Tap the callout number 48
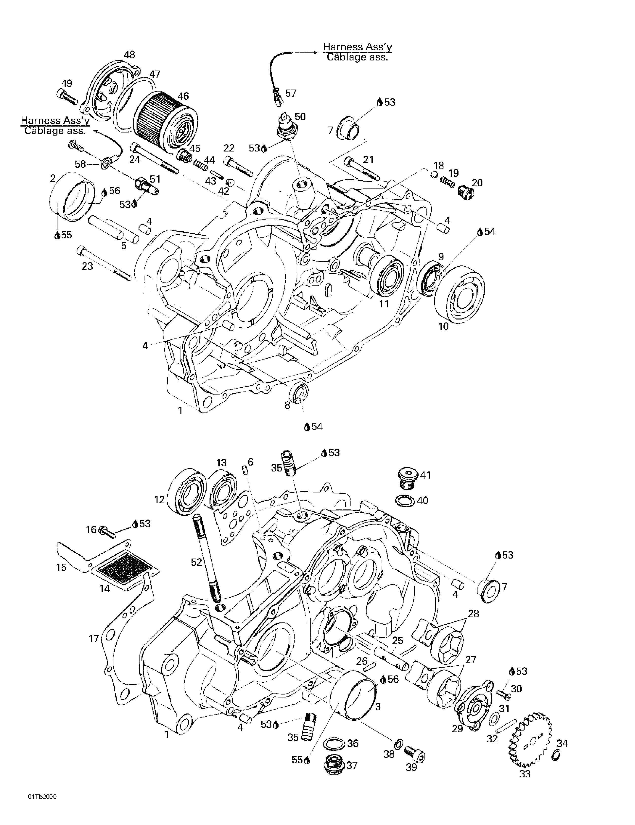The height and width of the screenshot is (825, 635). click(x=129, y=55)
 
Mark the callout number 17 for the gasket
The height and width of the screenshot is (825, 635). click(x=94, y=639)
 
